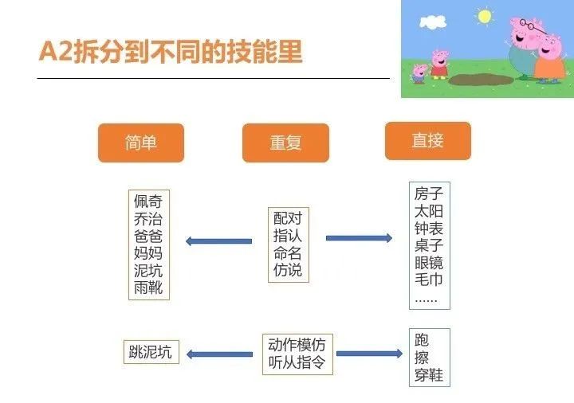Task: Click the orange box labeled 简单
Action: click(141, 143)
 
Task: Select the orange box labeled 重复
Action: click(285, 143)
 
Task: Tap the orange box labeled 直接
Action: click(428, 141)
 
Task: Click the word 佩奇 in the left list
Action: click(148, 201)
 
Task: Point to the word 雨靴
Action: click(148, 288)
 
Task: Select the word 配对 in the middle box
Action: click(288, 218)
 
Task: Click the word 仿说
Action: click(288, 270)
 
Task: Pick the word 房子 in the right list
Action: click(429, 194)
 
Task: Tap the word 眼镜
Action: click(429, 263)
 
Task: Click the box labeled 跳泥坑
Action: click(151, 352)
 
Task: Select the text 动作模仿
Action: click(297, 345)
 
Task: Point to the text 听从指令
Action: click(297, 362)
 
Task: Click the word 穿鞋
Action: click(429, 375)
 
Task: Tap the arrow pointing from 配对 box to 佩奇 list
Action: click(219, 241)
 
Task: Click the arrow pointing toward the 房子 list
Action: click(359, 238)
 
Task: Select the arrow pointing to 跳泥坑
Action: click(219, 354)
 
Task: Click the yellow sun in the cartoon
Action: click(485, 17)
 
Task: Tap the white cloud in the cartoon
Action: click(433, 22)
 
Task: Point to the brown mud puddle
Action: click(481, 80)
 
